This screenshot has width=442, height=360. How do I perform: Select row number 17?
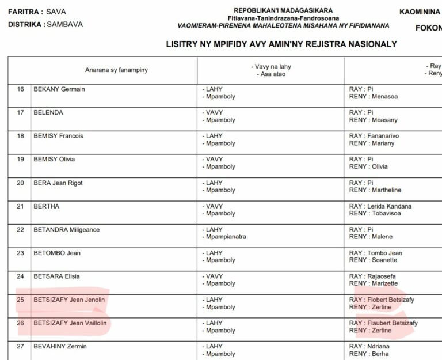tap(21, 112)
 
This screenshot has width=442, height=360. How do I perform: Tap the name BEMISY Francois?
tap(58, 136)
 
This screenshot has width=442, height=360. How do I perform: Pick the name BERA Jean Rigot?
tap(58, 183)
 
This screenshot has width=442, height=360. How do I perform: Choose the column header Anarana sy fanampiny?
tap(116, 70)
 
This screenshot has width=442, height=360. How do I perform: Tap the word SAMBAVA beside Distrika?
tap(64, 25)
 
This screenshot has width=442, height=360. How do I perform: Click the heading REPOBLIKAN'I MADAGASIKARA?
tap(283, 10)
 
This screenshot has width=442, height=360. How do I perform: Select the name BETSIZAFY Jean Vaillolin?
tap(71, 323)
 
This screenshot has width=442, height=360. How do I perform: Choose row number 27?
tap(21, 346)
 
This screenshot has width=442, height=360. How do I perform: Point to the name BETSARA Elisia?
tap(56, 276)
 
